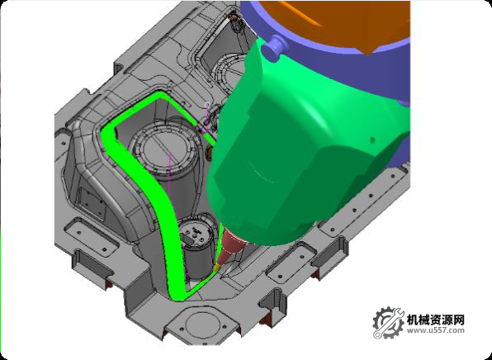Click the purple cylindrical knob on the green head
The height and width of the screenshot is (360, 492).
tap(272, 46)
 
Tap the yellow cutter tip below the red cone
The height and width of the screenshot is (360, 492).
tap(216, 268)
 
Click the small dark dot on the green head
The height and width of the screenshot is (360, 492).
tap(372, 140)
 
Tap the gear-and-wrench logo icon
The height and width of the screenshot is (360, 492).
tap(388, 323)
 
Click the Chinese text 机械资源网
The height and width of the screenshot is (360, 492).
tap(435, 320)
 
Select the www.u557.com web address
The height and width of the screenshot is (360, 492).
tap(436, 330)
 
